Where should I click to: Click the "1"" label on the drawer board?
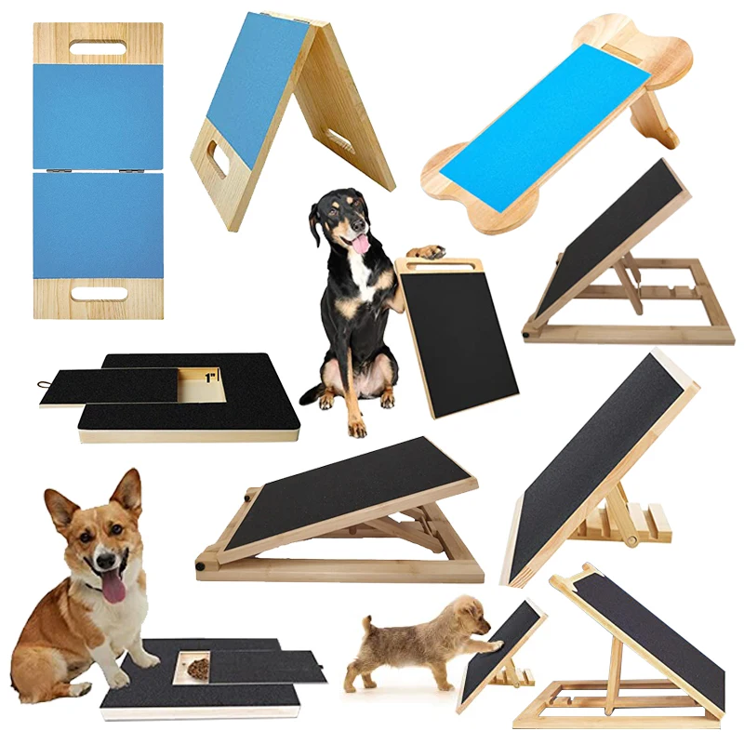210,379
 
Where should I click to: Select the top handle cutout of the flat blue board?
98,47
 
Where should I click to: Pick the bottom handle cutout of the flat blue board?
99,294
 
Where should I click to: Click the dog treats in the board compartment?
196,668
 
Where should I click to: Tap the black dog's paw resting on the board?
426,251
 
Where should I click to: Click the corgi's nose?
103,562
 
